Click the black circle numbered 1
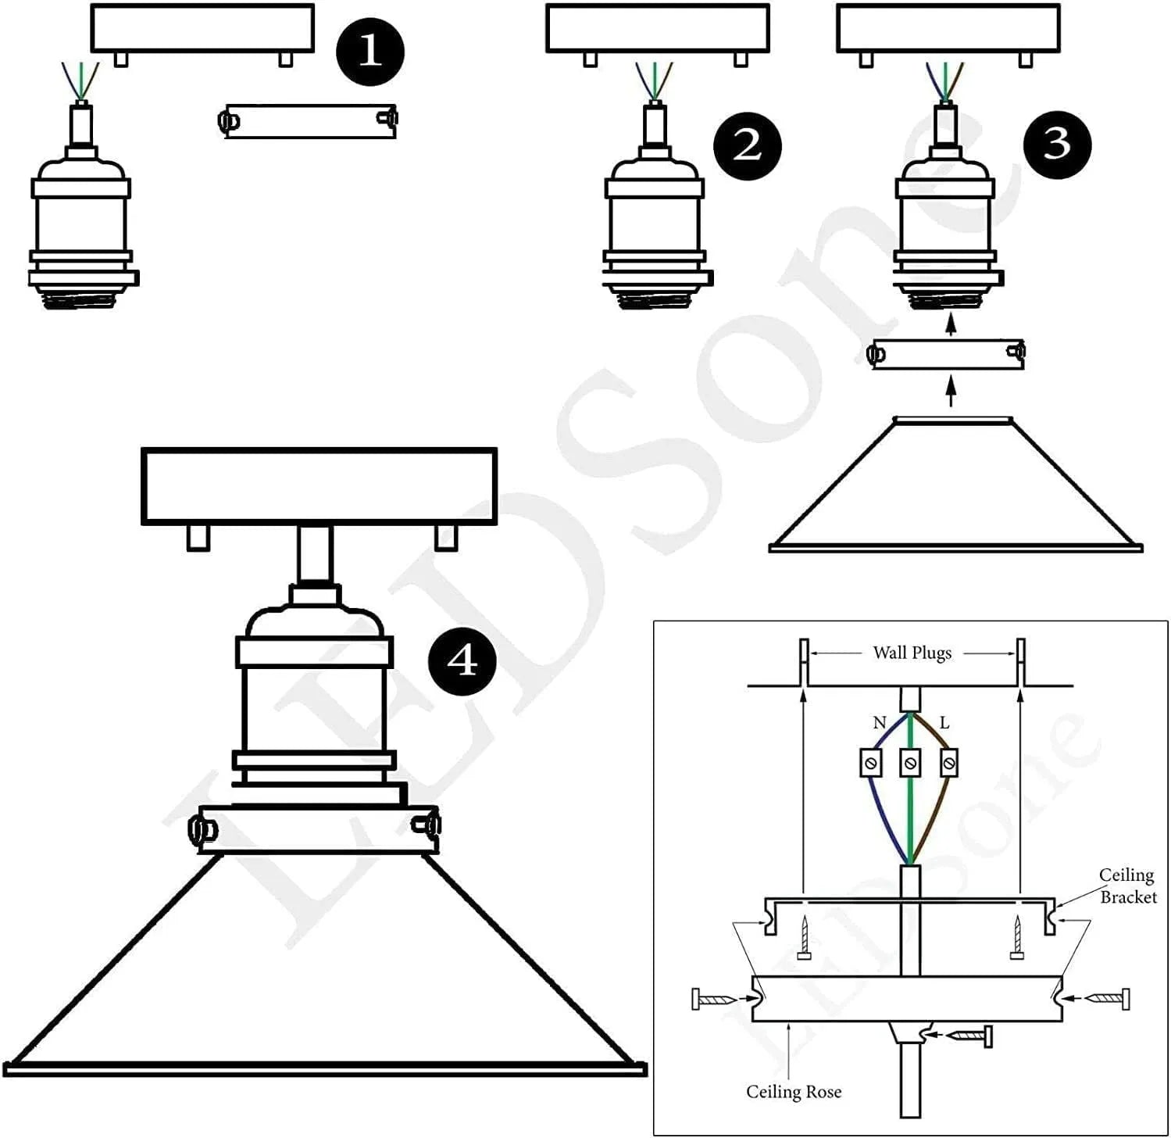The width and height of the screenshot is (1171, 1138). click(370, 52)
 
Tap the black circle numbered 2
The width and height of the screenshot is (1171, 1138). click(747, 145)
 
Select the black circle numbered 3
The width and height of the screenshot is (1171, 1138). click(1057, 144)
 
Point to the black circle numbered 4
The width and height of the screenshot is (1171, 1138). click(462, 661)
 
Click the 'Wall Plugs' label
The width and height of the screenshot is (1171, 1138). click(912, 653)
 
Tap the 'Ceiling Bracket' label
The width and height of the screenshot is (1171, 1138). click(1126, 886)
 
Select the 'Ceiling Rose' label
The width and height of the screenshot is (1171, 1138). click(794, 1091)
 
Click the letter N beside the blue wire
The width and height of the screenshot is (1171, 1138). click(879, 723)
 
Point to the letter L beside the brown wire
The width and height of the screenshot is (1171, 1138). click(944, 723)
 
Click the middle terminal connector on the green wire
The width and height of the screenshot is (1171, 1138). click(910, 762)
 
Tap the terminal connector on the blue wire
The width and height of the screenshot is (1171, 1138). click(871, 762)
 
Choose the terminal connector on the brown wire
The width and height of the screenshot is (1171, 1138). click(948, 762)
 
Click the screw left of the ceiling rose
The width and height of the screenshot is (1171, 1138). click(712, 999)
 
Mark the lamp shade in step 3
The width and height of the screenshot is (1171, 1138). click(955, 488)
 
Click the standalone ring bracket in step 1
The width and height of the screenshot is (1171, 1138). click(309, 121)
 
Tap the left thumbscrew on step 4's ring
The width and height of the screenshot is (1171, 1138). click(203, 828)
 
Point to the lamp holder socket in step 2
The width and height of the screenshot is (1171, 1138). click(654, 227)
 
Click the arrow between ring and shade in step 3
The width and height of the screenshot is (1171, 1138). click(950, 391)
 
